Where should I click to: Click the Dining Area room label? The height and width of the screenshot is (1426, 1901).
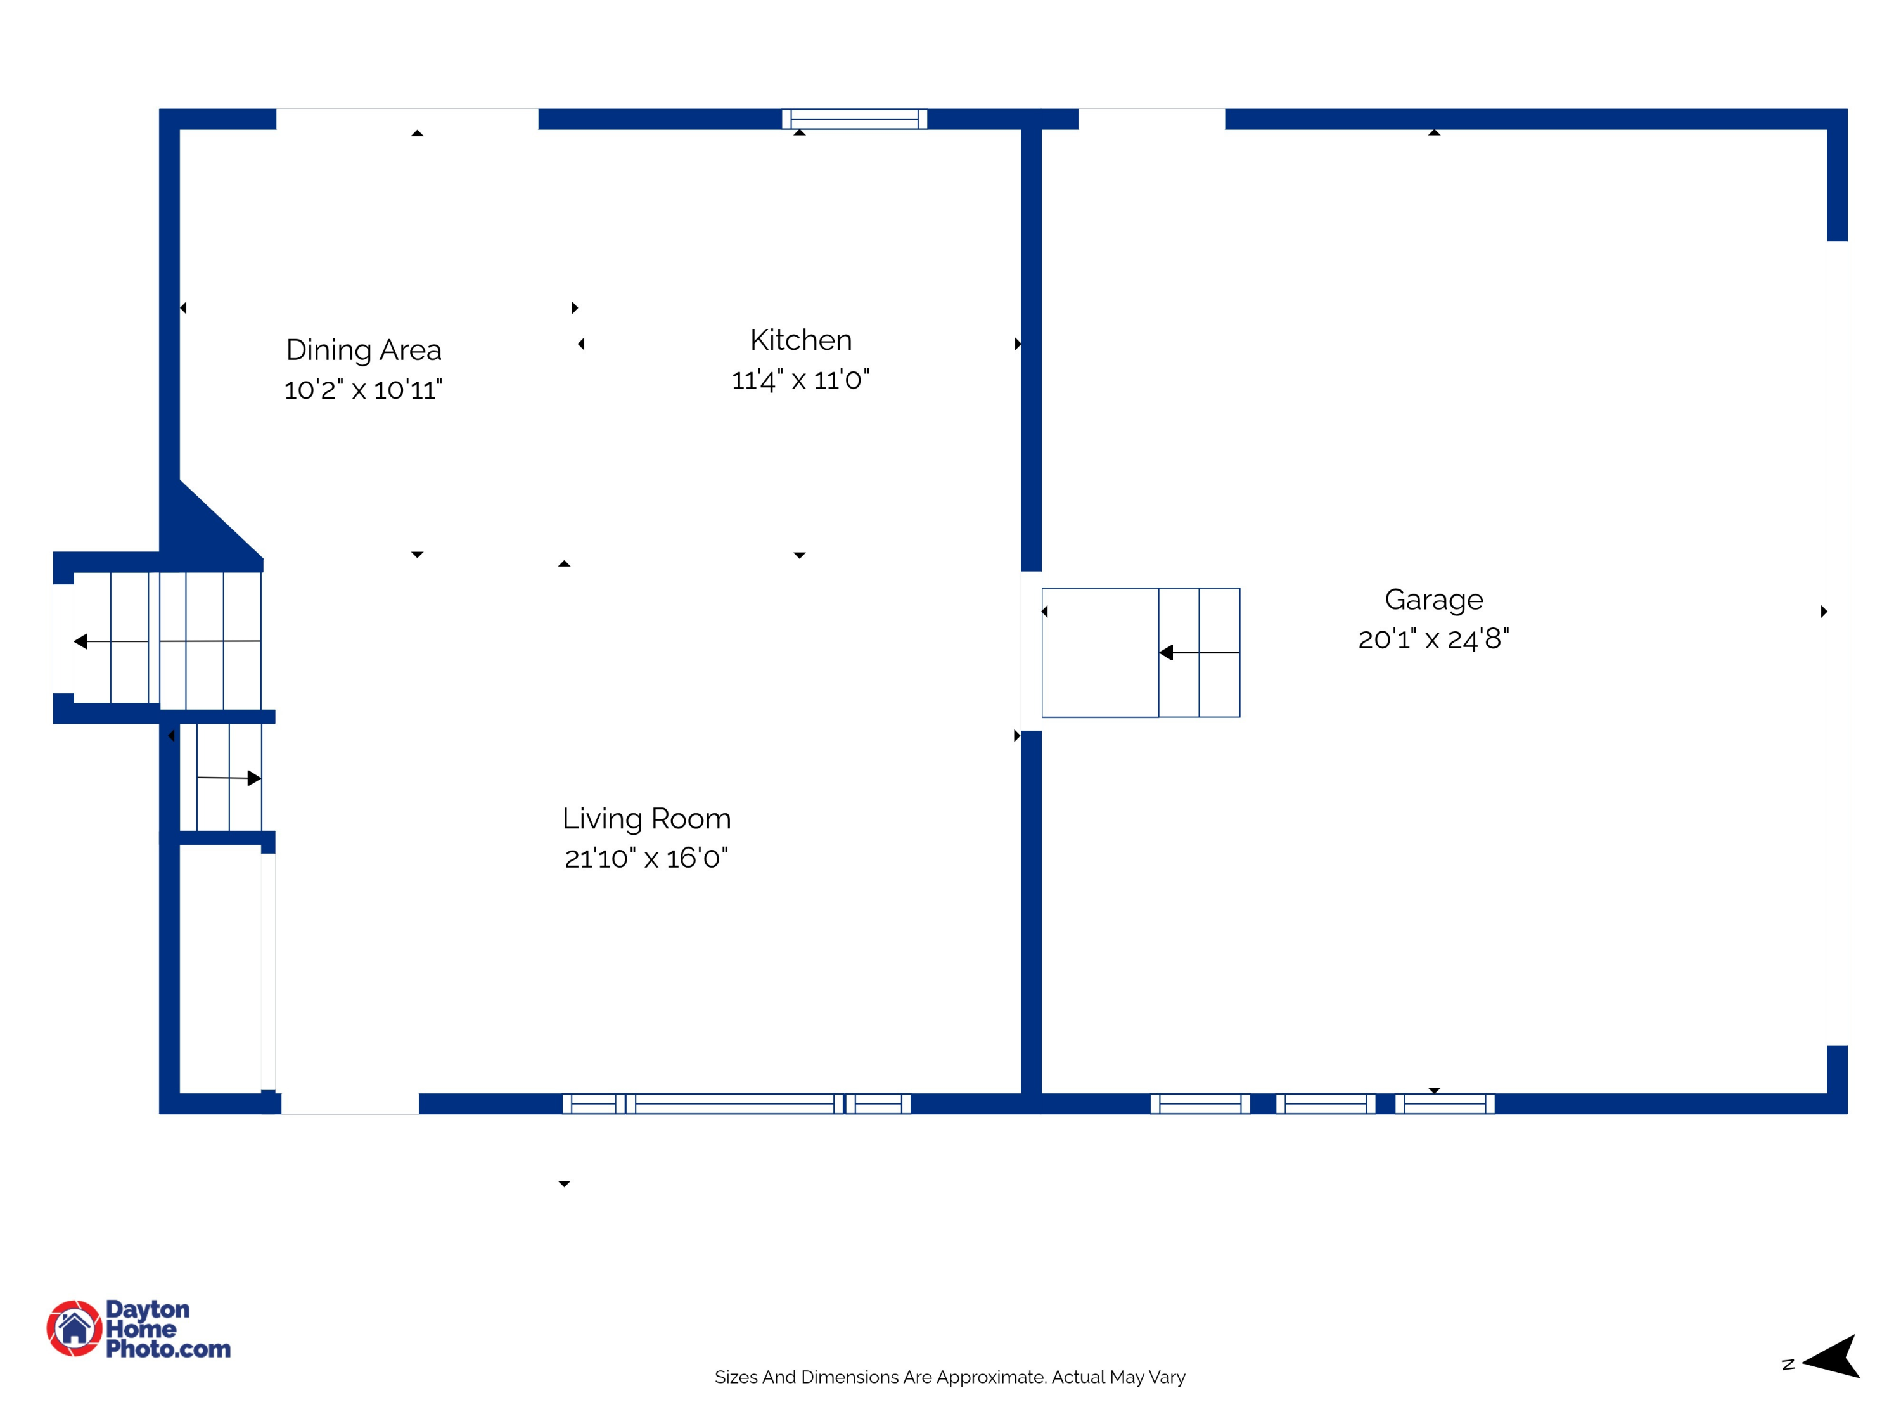[364, 350]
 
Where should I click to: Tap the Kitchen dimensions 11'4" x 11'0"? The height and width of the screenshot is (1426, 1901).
[800, 380]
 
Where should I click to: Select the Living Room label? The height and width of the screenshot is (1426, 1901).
[646, 818]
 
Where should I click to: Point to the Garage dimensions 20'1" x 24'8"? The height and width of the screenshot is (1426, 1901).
[1433, 639]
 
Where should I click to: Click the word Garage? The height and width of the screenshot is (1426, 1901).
[1433, 599]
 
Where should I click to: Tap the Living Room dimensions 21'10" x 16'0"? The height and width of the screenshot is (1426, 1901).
[646, 858]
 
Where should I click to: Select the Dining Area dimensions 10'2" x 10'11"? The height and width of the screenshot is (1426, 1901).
[364, 389]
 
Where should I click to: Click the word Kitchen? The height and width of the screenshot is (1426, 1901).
[800, 340]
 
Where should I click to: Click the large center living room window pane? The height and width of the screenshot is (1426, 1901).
[735, 1103]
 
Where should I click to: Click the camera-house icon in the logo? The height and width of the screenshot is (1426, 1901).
[74, 1328]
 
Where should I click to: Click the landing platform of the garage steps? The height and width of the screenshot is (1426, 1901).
[1100, 652]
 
